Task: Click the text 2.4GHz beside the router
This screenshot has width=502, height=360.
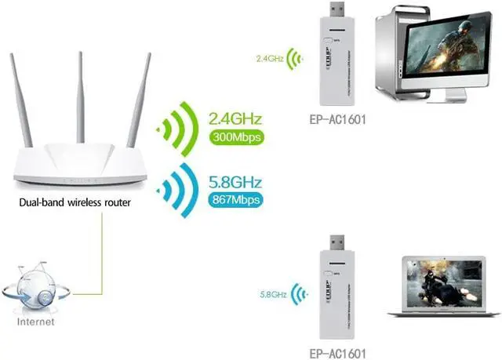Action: coord(234,119)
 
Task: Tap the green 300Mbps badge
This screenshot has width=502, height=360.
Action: coord(234,137)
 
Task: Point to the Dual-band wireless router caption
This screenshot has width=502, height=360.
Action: coord(76,204)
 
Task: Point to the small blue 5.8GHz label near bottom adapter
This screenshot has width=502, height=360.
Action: coord(271,295)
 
